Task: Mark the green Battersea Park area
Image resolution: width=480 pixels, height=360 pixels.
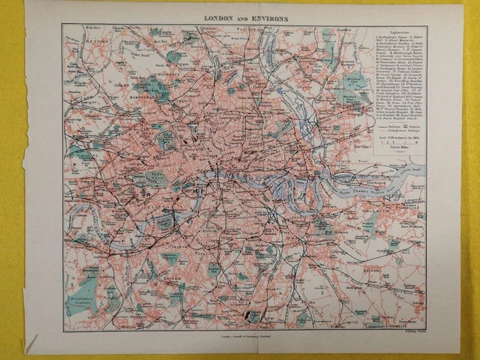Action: [166, 221]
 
